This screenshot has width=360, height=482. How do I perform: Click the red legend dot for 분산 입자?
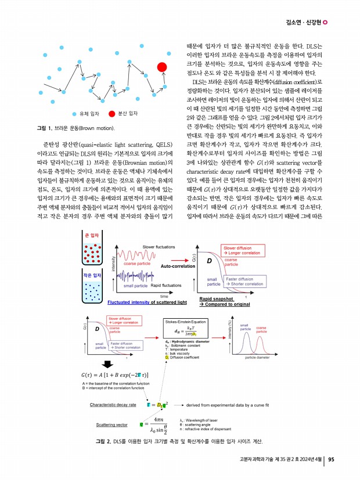tap(112, 114)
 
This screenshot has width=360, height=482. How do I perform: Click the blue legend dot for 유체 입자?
tap(74, 114)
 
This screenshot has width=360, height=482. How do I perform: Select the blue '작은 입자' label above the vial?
tap(92, 275)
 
